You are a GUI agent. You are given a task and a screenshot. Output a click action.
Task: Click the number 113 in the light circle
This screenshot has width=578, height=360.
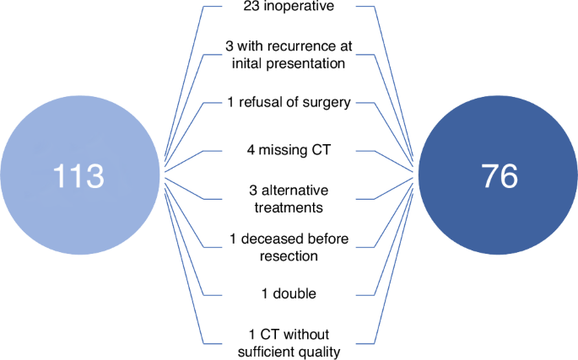78,176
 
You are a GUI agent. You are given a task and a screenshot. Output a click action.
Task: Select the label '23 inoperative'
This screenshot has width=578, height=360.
289,8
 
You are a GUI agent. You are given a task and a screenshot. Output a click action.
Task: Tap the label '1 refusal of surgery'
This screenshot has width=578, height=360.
289,104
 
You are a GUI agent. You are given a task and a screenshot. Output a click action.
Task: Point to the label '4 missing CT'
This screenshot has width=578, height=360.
289,152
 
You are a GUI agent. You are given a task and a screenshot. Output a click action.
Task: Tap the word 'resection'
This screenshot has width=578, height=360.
289,255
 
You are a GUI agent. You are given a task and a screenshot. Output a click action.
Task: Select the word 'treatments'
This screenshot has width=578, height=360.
289,207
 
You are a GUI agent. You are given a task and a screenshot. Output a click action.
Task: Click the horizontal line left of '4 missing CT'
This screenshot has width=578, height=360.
218,152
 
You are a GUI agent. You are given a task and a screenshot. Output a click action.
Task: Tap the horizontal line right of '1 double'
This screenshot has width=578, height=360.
360,295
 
